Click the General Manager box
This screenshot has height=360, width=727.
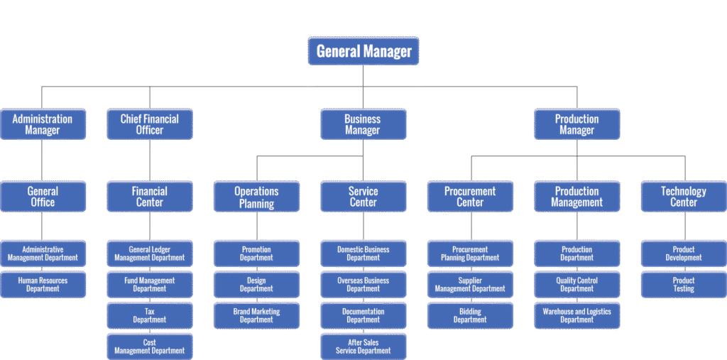point(363,51)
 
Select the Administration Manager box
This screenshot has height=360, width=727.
point(43,124)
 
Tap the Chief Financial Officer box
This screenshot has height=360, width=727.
point(149,124)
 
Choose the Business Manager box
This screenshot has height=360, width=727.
point(363,124)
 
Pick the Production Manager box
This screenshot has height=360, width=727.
point(576,124)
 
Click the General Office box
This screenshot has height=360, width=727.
point(43,196)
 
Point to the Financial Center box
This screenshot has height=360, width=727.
point(149,196)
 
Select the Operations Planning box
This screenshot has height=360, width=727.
point(256,196)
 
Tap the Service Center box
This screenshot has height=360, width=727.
point(363,196)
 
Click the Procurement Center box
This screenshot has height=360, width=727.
point(470,196)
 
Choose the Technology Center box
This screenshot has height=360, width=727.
point(684,196)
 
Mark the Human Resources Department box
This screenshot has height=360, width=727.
point(43,284)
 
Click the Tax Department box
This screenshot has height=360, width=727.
point(149,315)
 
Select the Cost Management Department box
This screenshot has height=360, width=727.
point(149,346)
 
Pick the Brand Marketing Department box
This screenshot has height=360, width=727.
point(256,315)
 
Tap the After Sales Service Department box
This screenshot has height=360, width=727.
point(363,346)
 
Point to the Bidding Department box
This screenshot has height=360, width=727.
point(470,315)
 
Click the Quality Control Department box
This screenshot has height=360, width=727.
point(576,284)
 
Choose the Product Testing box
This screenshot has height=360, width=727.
point(684,284)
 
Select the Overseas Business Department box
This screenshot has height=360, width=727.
point(363,284)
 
